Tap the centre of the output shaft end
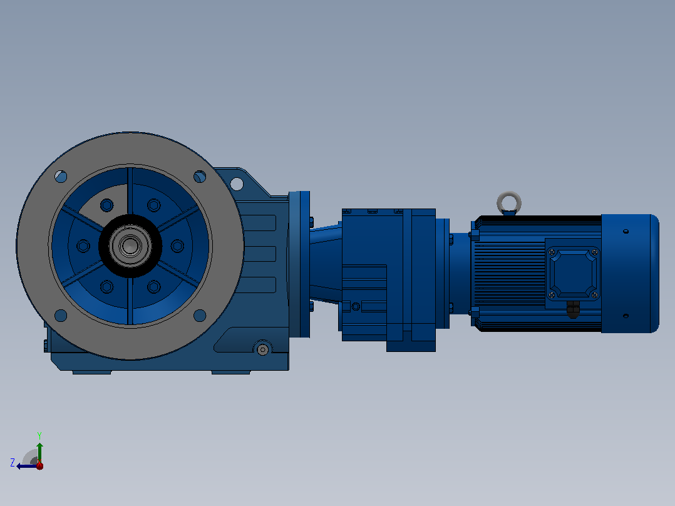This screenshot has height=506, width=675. point(130,246)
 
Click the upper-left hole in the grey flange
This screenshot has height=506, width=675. point(61,176)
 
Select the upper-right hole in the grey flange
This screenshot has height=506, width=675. point(200,177)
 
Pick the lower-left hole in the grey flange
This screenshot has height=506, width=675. point(61,316)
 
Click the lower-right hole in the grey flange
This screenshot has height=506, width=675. point(200,316)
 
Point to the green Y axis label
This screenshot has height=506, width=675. point(39,435)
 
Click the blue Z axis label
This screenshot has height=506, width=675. point(13,463)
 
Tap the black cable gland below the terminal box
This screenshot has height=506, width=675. point(572,309)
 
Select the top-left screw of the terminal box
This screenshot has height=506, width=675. point(552,252)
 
